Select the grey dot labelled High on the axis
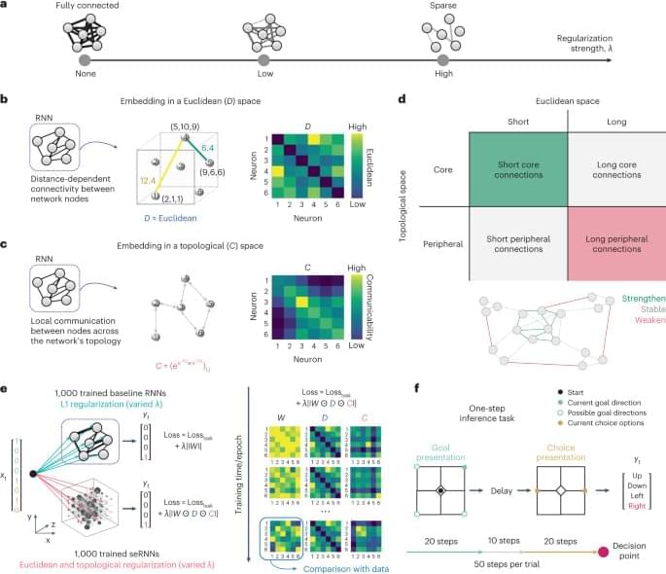[x=443, y=59]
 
